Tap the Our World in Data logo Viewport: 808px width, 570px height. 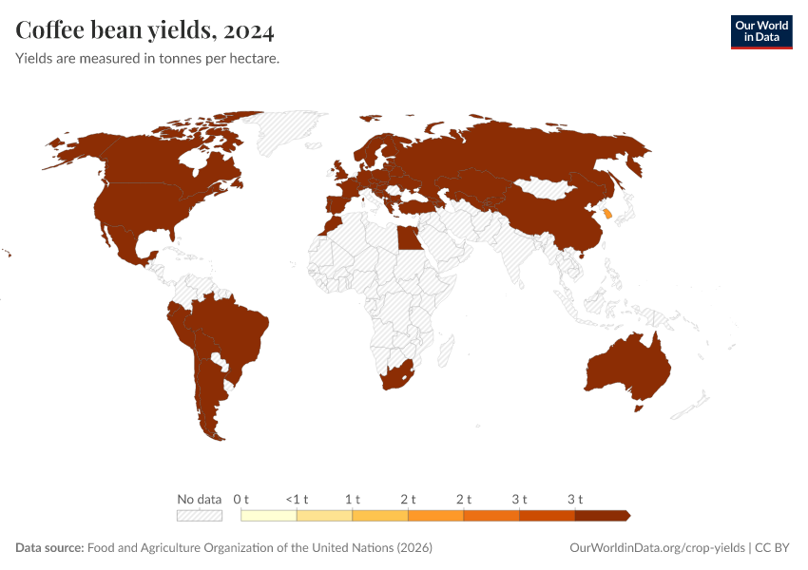(760, 31)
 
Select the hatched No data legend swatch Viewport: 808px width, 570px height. (200, 516)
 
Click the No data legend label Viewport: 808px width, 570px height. (200, 499)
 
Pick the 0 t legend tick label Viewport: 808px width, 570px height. (241, 499)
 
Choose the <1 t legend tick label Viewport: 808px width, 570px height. (297, 499)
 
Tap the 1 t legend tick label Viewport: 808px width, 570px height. (353, 499)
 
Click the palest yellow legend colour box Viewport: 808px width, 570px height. (269, 516)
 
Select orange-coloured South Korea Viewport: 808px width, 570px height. (607, 214)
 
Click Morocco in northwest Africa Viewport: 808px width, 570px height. (328, 226)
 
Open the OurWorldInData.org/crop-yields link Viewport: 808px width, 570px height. (657, 548)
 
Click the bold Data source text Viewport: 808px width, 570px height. (49, 548)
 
